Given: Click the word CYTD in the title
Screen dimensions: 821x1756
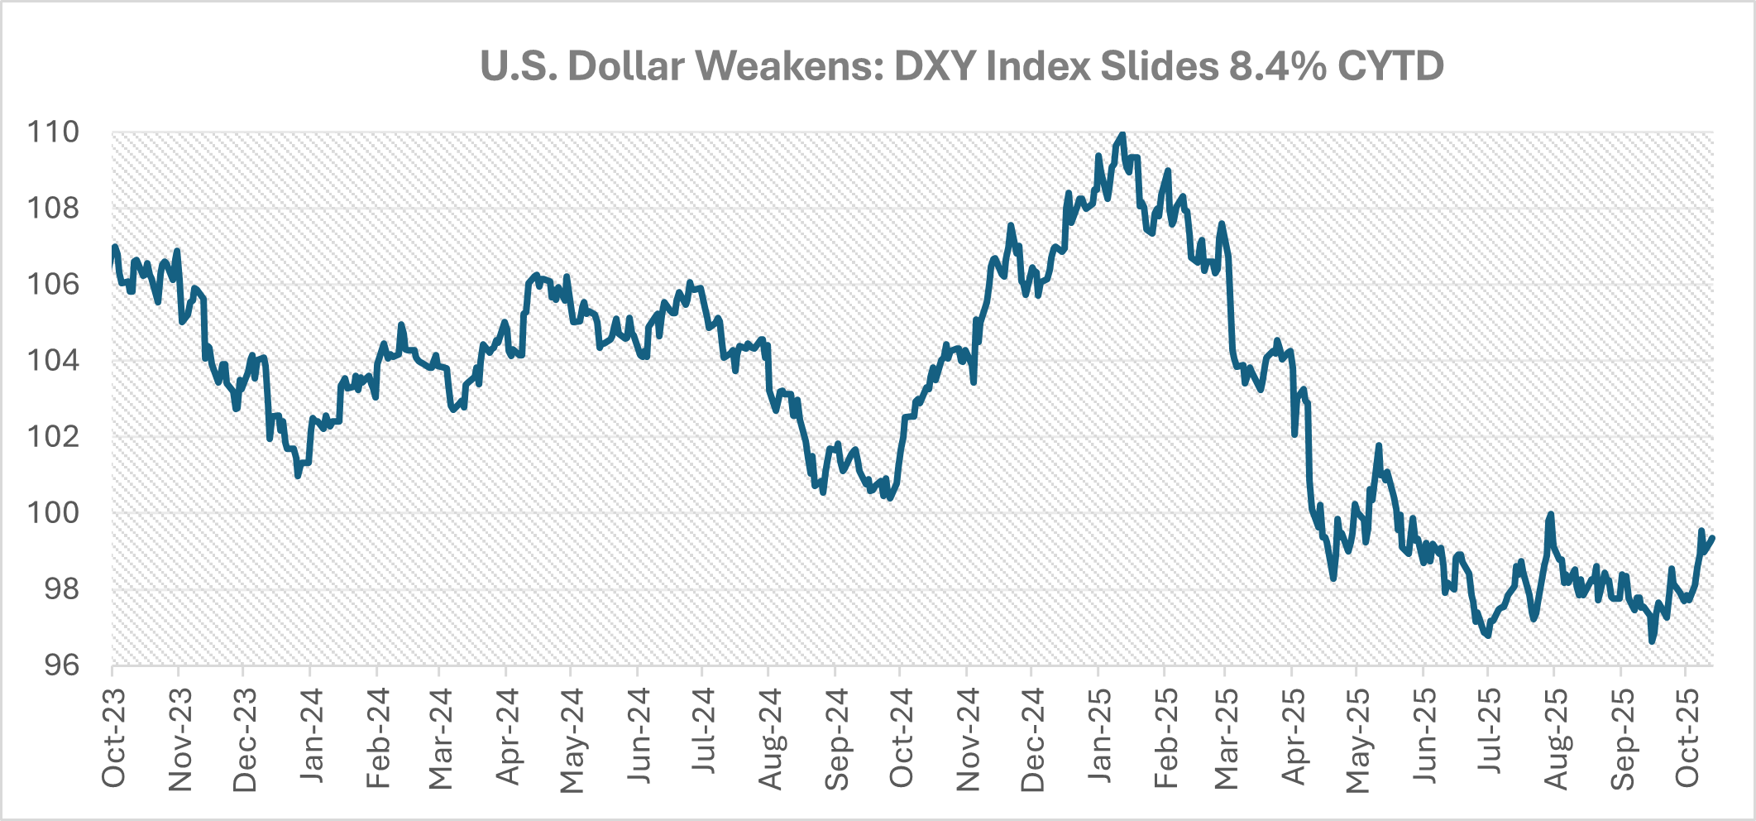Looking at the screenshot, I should pyautogui.click(x=1390, y=66).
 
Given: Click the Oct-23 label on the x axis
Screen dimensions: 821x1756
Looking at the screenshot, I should pyautogui.click(x=113, y=737).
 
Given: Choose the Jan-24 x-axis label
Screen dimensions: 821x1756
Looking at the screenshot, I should pyautogui.click(x=311, y=737).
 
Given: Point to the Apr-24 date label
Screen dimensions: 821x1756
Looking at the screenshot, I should pyautogui.click(x=507, y=737).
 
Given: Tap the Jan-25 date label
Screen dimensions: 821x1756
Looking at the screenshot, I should pyautogui.click(x=1098, y=737).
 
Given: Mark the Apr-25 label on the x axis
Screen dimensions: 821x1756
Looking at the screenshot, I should pyautogui.click(x=1293, y=737).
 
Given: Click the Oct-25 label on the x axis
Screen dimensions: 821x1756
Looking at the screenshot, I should pyautogui.click(x=1687, y=737).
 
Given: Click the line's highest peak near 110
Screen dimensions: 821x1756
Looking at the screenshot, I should pyautogui.click(x=1122, y=134).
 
